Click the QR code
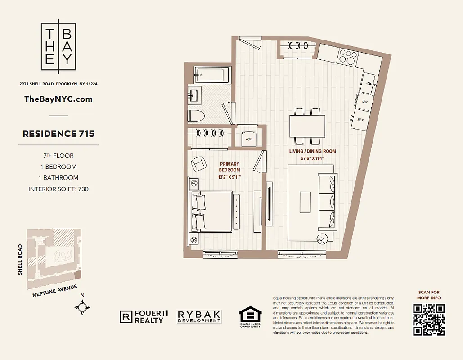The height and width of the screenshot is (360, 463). tap(428, 319)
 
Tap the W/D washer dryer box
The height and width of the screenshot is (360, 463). tap(248, 139)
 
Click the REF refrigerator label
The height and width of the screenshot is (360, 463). tap(360, 120)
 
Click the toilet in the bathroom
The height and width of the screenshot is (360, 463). tap(196, 115)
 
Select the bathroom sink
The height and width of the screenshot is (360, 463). tap(194, 95)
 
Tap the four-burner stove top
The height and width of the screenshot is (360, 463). tap(348, 57)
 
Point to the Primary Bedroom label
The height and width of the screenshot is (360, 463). tap(229, 167)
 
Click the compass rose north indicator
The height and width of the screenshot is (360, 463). tap(82, 307)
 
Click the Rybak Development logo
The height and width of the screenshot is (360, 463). tap(199, 317)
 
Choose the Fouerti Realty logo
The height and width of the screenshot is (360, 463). tap(144, 317)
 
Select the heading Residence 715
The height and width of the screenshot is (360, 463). tap(58, 134)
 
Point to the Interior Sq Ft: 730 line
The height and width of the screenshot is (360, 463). tap(58, 189)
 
